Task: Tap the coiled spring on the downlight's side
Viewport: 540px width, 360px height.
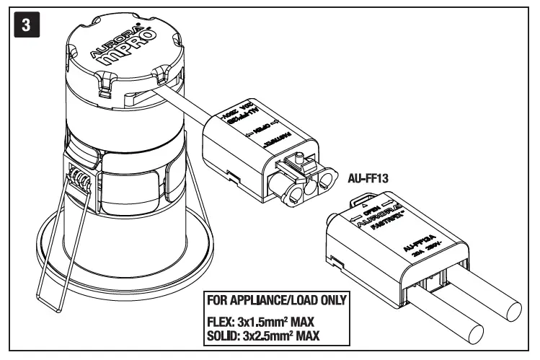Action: click(x=80, y=176)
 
